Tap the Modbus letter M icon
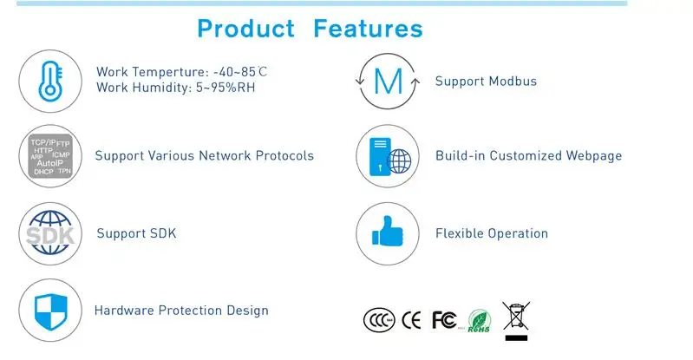click(388, 82)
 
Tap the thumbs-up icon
click(388, 233)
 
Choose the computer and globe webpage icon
click(388, 157)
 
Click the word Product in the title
click(246, 29)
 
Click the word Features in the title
click(368, 29)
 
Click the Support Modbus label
click(486, 82)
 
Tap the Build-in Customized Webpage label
click(528, 156)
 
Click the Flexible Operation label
click(491, 233)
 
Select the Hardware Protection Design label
click(181, 311)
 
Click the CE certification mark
click(413, 320)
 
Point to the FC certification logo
click(444, 320)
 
